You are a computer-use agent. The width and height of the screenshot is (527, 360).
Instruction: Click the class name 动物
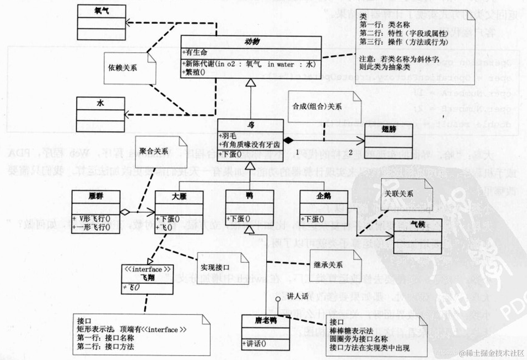[x=252, y=41]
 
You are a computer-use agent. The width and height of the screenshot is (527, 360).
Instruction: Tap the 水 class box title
[x=101, y=103]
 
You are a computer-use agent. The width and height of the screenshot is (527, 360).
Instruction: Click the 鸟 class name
[x=250, y=125]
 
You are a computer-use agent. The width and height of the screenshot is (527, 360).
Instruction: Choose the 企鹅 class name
[x=323, y=196]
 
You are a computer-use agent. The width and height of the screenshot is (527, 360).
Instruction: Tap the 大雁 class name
[x=179, y=196]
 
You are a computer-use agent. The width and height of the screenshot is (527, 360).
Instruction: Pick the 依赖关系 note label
[x=123, y=68]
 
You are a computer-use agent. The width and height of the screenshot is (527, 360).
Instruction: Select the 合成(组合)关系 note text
[x=317, y=107]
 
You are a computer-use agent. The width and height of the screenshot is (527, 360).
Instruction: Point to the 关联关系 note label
[x=401, y=193]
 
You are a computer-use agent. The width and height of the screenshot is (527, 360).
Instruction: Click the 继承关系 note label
[x=328, y=264]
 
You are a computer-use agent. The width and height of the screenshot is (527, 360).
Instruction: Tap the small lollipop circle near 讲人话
[x=278, y=300]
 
